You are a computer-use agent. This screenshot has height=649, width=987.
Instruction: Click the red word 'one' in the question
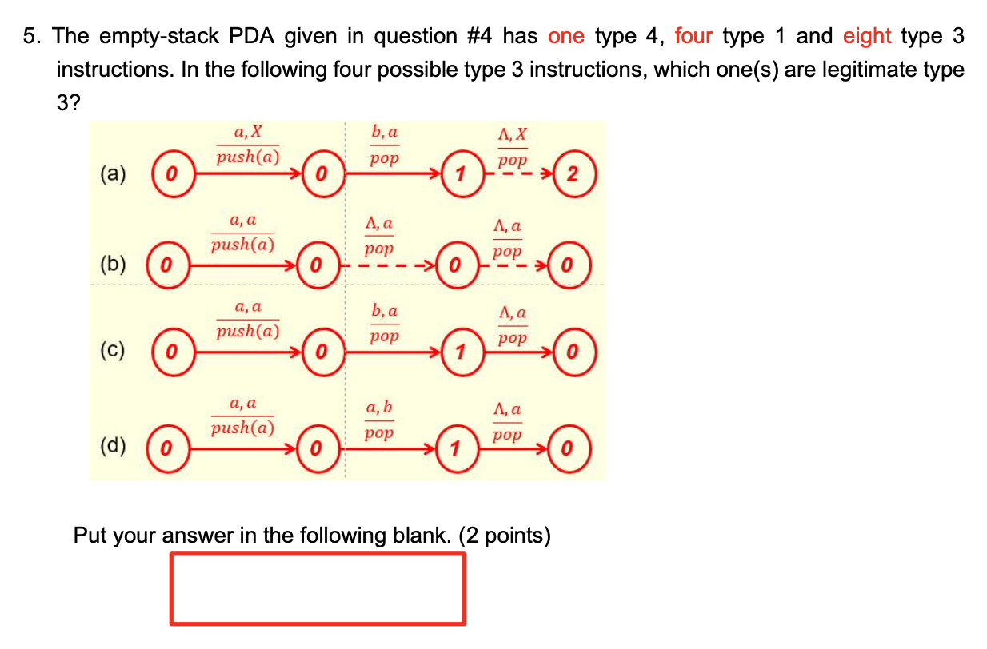click(x=566, y=36)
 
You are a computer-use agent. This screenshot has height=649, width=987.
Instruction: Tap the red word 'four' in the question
click(x=693, y=36)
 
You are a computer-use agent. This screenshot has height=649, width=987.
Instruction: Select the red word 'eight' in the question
click(x=867, y=37)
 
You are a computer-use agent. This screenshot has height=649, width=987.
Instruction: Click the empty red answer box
click(x=318, y=589)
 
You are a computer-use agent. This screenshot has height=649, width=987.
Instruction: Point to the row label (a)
click(x=113, y=173)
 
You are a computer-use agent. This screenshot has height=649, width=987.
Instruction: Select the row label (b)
click(x=113, y=265)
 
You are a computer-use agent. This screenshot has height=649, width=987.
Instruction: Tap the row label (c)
click(x=113, y=351)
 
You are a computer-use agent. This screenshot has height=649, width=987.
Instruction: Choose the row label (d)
click(x=113, y=445)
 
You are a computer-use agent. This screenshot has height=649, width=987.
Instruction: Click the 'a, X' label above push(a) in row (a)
click(x=248, y=131)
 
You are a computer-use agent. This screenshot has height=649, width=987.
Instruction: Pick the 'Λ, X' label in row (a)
click(x=513, y=133)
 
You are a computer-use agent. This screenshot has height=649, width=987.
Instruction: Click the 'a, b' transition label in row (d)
click(x=379, y=407)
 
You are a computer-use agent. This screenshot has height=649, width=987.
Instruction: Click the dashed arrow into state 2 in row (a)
click(x=518, y=173)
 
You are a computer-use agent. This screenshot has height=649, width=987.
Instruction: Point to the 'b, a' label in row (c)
click(x=384, y=310)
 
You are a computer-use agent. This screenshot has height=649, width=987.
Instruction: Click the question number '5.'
click(x=32, y=36)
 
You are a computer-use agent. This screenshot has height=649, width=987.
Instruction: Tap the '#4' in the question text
click(x=479, y=36)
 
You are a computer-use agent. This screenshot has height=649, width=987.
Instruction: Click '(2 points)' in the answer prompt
click(x=505, y=536)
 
